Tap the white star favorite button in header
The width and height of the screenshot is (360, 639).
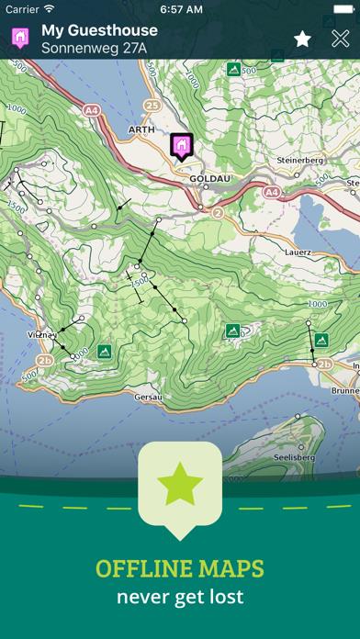[302, 39]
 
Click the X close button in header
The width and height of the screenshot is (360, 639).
[340, 39]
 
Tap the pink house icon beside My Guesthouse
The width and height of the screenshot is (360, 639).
[17, 38]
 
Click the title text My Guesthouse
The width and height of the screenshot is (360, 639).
[99, 30]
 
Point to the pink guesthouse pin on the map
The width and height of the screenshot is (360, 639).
[181, 145]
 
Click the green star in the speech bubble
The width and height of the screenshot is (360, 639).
[180, 485]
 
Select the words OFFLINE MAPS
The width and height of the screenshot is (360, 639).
[180, 569]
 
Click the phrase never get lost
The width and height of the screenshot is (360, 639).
[180, 597]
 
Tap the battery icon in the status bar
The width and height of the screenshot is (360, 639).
[339, 8]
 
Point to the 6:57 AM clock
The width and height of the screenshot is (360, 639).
[180, 8]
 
